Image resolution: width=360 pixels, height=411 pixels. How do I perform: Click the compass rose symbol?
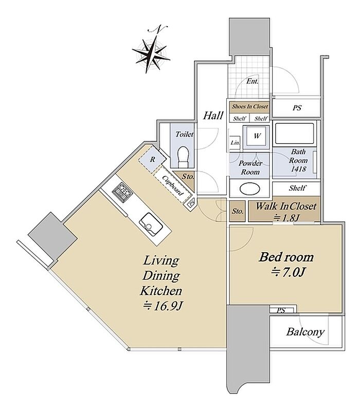151,54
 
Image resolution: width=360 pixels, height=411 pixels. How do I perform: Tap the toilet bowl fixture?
183,157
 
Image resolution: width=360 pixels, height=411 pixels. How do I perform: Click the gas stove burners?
122,192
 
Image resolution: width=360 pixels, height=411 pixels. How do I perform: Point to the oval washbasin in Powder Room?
250,189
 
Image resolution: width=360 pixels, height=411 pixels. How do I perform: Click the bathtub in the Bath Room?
294,134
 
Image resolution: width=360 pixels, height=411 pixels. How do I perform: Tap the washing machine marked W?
256,136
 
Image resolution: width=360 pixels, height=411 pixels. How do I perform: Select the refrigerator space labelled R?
152,159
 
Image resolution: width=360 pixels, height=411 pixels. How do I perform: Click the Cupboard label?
173,185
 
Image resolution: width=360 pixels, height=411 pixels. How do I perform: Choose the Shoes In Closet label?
250,106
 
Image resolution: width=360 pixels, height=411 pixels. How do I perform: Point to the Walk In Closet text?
286,206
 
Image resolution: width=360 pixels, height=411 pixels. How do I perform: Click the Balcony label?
305,332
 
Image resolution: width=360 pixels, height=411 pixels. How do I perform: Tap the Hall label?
213,115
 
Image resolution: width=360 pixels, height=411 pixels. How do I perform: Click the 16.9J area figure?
163,306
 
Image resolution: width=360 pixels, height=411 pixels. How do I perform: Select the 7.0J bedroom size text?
287,273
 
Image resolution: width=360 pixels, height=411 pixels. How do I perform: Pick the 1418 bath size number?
298,169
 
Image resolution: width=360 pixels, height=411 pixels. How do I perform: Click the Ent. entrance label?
252,81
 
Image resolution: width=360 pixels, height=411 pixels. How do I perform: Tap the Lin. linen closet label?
235,143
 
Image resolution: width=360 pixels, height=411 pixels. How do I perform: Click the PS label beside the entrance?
297,108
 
